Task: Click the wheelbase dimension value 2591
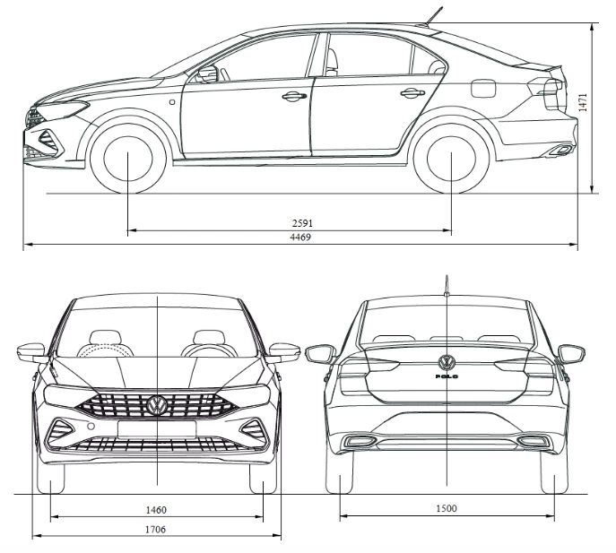pos(302,223)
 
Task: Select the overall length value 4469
pos(300,238)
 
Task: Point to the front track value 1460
pos(156,510)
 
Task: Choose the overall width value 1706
pos(156,530)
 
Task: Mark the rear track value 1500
pos(447,508)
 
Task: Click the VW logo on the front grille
pos(157,405)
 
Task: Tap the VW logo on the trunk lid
pos(447,362)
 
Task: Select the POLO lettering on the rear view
pos(447,376)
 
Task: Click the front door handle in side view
pos(294,96)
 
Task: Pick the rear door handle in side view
pos(412,93)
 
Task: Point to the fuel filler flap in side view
pos(482,89)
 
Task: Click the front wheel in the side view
pos(128,159)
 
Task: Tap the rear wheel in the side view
pos(451,159)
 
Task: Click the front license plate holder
pos(157,429)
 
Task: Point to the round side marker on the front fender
pos(172,102)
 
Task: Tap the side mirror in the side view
pos(208,73)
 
